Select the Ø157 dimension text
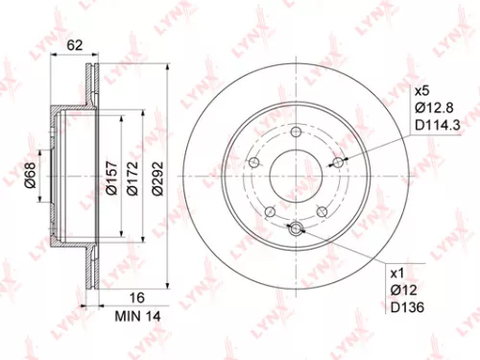111,178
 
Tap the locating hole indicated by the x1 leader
296,228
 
